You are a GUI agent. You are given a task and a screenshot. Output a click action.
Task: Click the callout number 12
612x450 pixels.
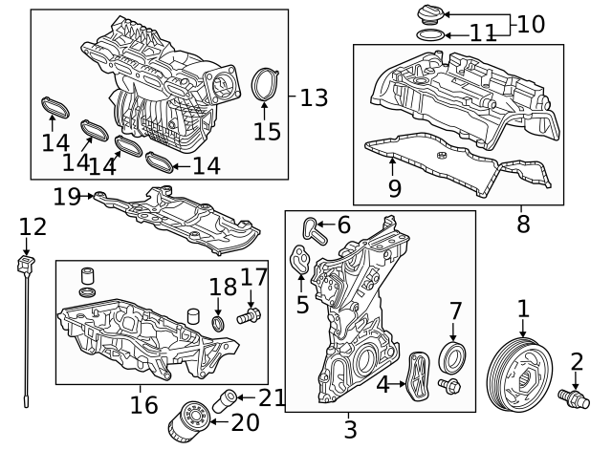click(33, 227)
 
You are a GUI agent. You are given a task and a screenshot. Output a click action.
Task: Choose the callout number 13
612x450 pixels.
click(314, 97)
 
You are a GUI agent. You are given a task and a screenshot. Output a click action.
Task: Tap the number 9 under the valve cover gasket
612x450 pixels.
click(395, 188)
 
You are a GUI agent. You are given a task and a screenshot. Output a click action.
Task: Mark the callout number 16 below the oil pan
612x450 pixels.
click(143, 405)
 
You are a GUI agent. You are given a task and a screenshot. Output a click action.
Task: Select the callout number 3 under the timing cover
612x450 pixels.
click(350, 430)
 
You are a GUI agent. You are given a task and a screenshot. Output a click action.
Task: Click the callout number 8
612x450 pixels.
click(522, 225)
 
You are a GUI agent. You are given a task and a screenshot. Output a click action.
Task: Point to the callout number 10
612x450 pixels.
click(531, 24)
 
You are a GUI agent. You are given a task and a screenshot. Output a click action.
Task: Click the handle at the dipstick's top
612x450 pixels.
click(27, 261)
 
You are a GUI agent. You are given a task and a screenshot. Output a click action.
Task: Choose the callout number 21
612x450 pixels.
click(272, 397)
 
